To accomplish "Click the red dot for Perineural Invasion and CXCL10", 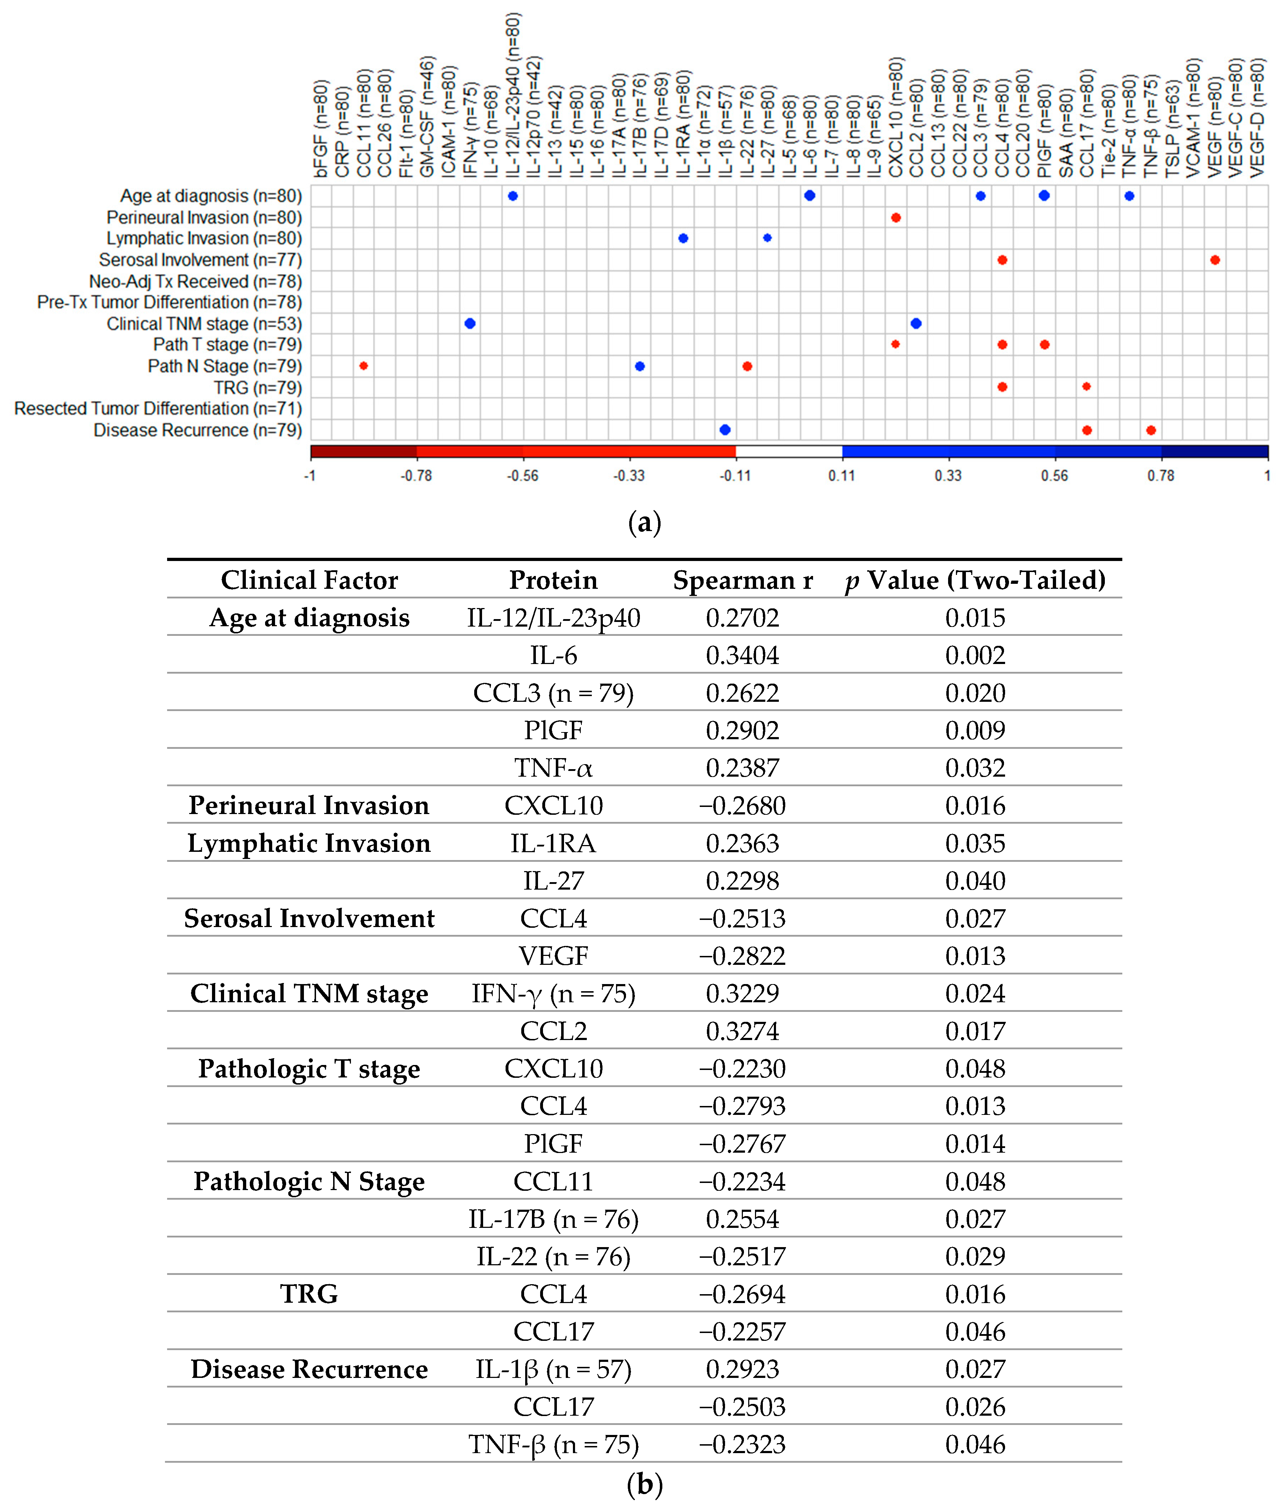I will [x=895, y=217].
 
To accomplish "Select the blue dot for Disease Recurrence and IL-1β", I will [x=724, y=430].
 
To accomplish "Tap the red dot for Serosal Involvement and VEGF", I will [x=1215, y=260].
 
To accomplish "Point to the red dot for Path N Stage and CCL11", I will [x=364, y=366].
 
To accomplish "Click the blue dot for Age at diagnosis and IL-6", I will [x=809, y=196].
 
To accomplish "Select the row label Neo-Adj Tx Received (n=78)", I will [x=195, y=282].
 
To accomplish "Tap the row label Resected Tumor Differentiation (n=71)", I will [x=158, y=409].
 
